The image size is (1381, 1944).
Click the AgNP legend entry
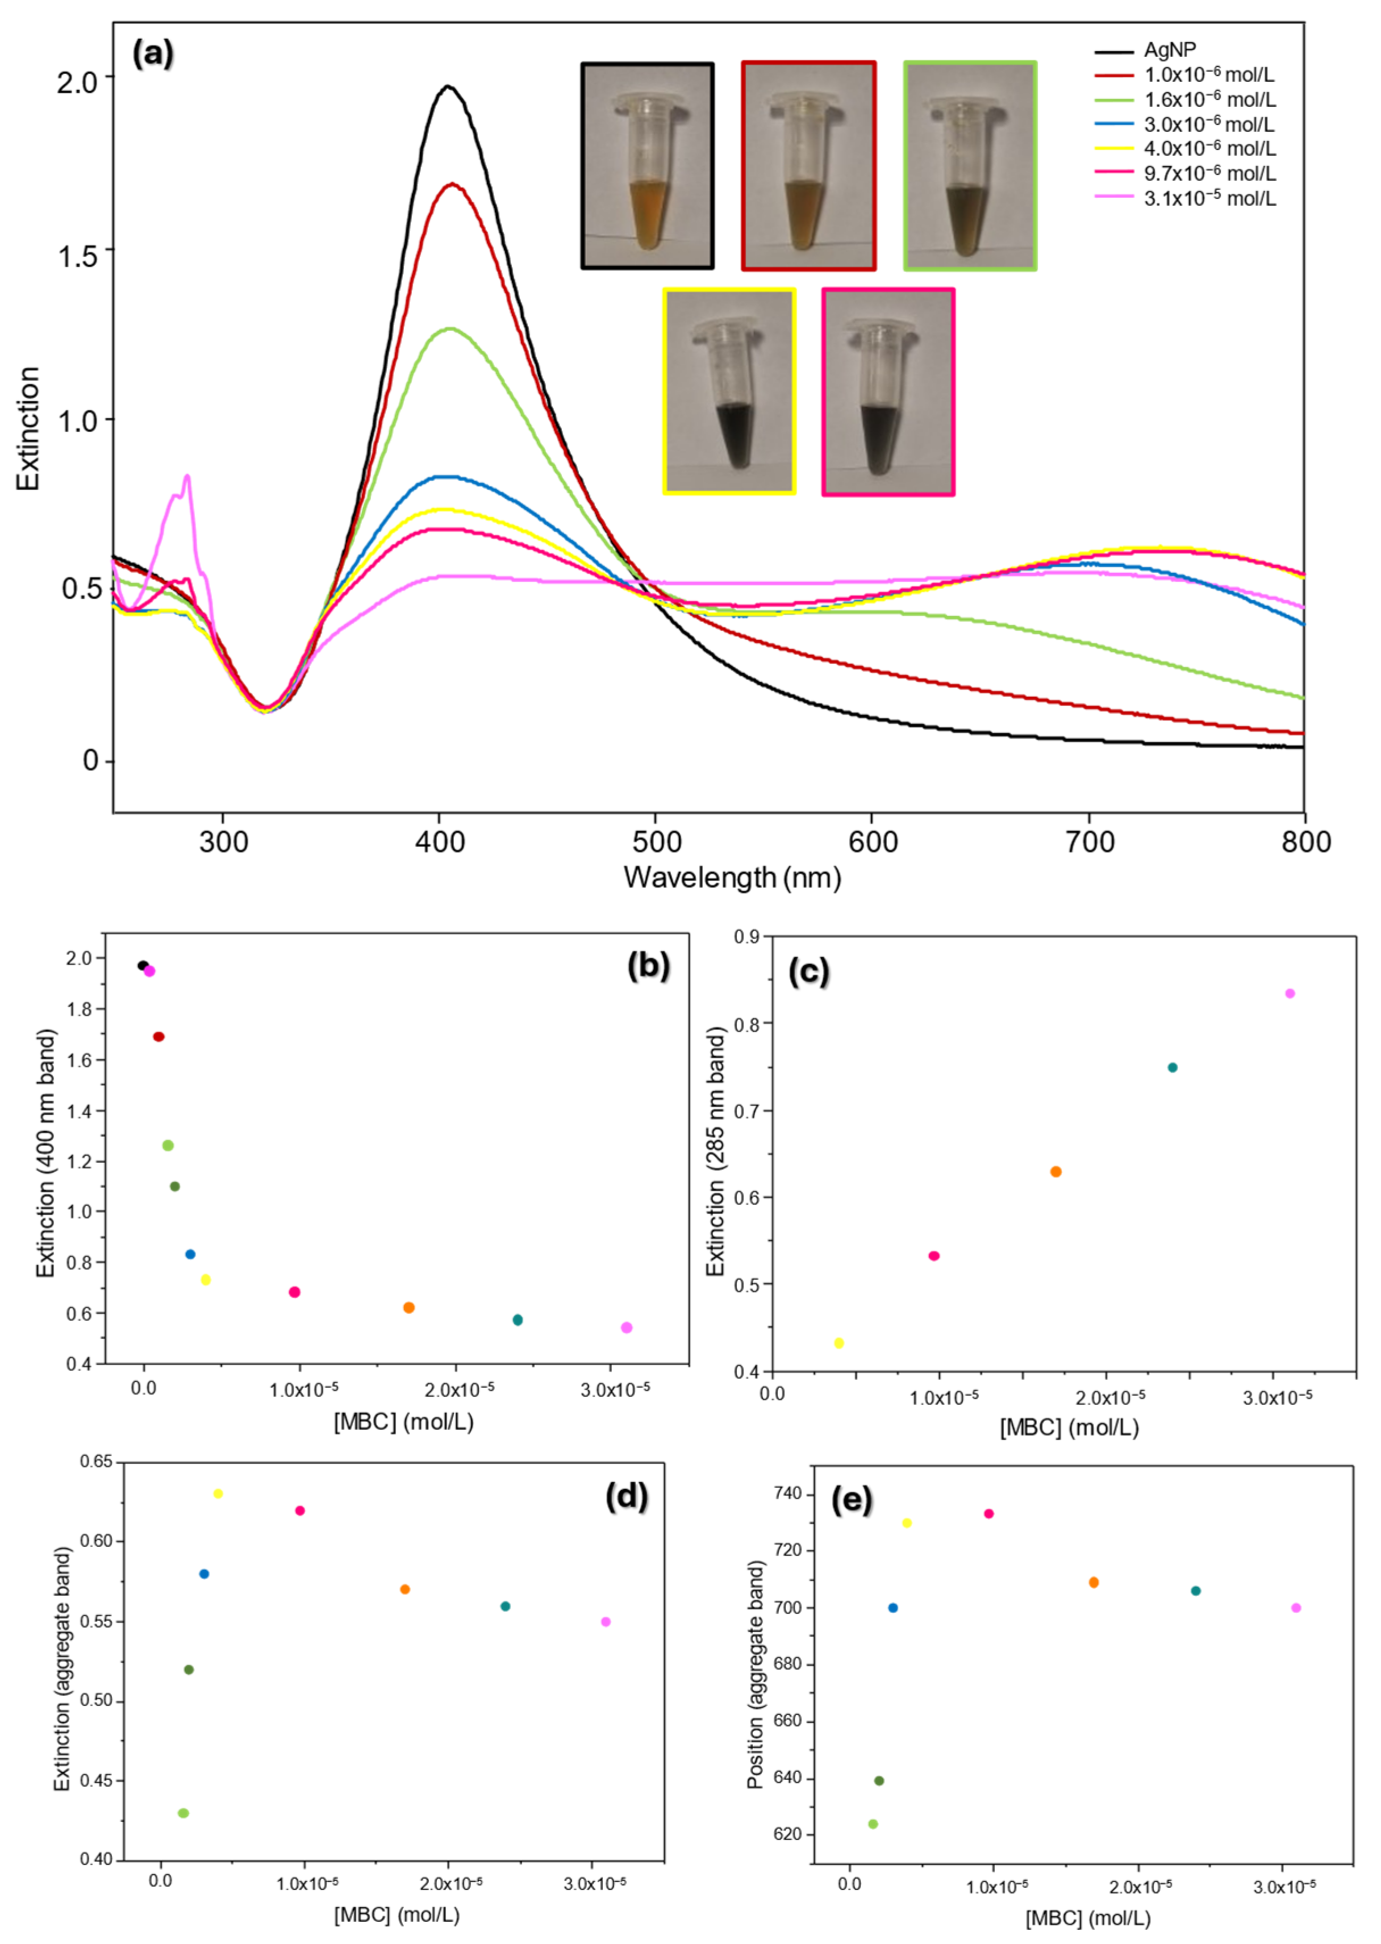pyautogui.click(x=1169, y=50)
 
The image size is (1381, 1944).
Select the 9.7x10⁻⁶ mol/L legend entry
pyautogui.click(x=1208, y=173)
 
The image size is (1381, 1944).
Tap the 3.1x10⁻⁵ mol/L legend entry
pyautogui.click(x=1208, y=199)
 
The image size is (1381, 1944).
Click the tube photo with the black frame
pyautogui.click(x=647, y=166)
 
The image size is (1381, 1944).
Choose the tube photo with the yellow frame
pyautogui.click(x=729, y=391)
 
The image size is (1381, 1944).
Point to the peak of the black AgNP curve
pyautogui.click(x=447, y=86)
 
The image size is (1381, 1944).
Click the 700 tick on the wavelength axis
pyautogui.click(x=1090, y=842)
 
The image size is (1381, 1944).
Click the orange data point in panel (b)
pyautogui.click(x=409, y=1307)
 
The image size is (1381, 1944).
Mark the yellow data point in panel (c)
pyautogui.click(x=839, y=1343)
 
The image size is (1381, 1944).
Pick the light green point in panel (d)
pyautogui.click(x=183, y=1813)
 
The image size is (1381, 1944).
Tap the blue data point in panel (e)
pyautogui.click(x=893, y=1607)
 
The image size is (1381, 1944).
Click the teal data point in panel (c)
pyautogui.click(x=1173, y=1067)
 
